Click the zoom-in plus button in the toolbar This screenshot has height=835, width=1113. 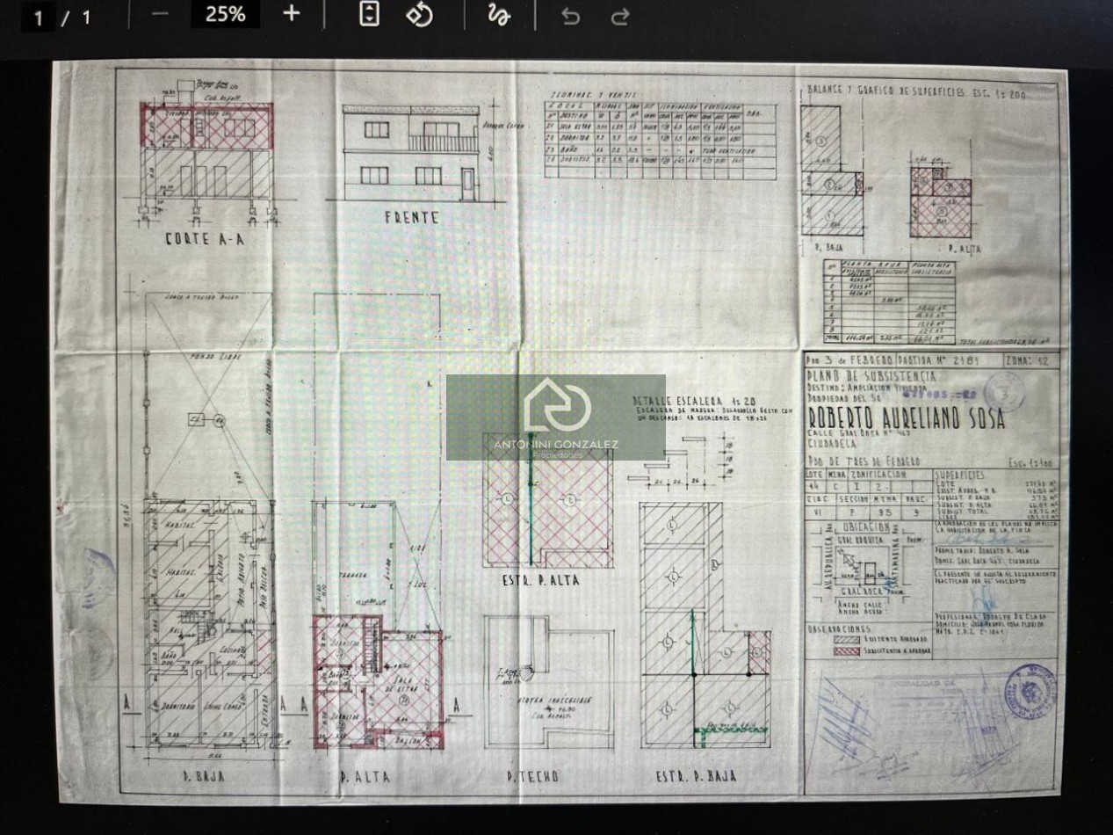tap(292, 14)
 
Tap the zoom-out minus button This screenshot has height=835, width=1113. tap(160, 14)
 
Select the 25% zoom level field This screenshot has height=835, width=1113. tap(225, 14)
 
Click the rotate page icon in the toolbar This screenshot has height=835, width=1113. tap(420, 14)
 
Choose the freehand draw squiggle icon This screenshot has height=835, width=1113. tap(499, 15)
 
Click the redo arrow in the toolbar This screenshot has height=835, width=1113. tap(620, 16)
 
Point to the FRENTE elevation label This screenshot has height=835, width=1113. tap(411, 217)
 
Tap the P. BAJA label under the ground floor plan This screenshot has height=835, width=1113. tap(203, 776)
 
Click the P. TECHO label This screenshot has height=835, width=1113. tap(532, 776)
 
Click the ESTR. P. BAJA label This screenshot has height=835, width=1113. tap(697, 776)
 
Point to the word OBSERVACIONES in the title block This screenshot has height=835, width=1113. tap(839, 628)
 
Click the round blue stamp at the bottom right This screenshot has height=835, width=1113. tap(1036, 689)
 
